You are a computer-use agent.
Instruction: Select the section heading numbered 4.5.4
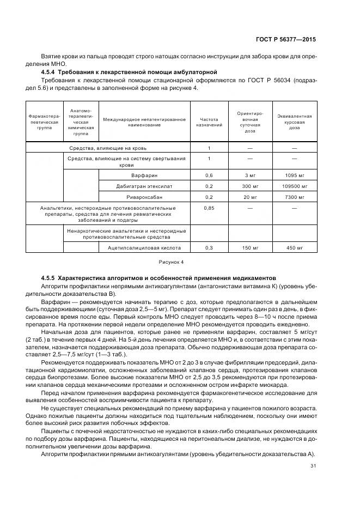130,72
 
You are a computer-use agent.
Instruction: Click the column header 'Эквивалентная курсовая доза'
294,122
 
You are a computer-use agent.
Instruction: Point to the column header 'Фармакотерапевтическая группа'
45,122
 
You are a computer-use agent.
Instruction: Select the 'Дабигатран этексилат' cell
144,186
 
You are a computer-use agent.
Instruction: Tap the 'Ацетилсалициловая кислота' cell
144,248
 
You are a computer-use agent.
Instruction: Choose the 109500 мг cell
294,186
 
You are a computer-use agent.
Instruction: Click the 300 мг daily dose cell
250,186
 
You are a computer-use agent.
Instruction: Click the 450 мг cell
294,248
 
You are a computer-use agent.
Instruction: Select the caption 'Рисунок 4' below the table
171,262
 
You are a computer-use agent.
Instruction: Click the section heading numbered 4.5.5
158,278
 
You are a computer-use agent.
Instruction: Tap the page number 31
312,465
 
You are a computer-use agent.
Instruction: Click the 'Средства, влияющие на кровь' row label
108,148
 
